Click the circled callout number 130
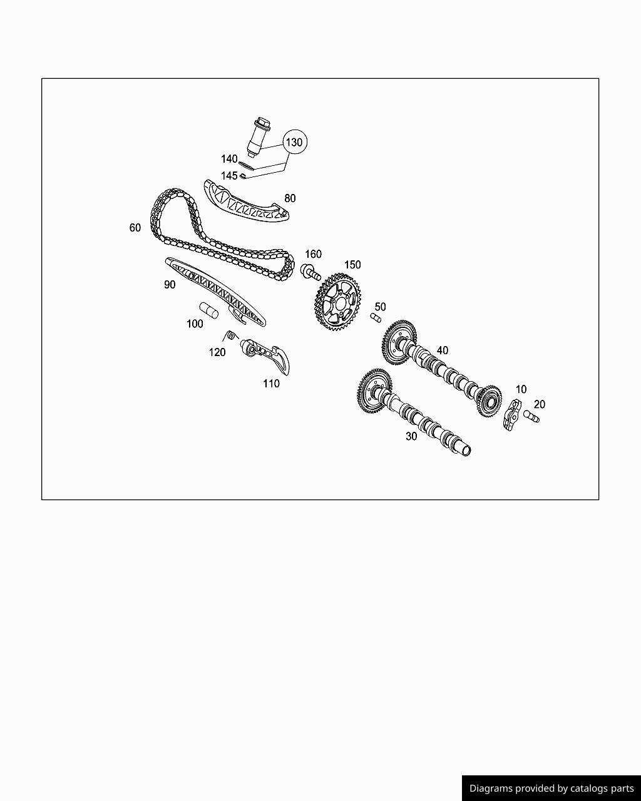point(294,142)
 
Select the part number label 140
point(229,160)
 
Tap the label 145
point(229,176)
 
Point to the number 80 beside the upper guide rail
point(290,198)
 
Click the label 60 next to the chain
point(135,228)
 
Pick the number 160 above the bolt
point(313,254)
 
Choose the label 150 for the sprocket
point(352,265)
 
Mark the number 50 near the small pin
point(381,307)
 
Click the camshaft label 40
point(443,350)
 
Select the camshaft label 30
point(411,436)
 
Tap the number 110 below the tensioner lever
point(271,384)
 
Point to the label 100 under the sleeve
point(195,324)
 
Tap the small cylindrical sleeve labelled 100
point(208,309)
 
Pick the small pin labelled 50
point(376,318)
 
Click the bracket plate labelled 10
point(511,415)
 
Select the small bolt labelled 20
point(531,416)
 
